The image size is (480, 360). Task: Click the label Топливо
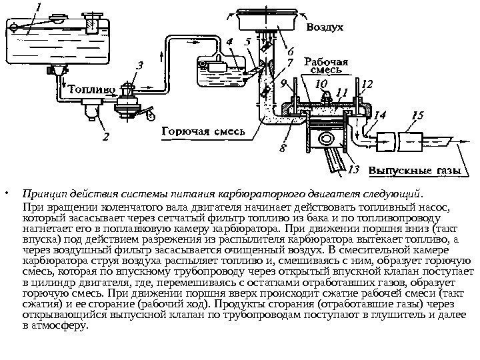[x=93, y=88]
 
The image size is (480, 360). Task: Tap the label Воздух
[x=325, y=29]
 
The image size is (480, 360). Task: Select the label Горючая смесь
[x=204, y=131]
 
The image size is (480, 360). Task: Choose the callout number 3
[x=139, y=67]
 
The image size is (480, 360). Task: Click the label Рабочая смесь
[x=325, y=63]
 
